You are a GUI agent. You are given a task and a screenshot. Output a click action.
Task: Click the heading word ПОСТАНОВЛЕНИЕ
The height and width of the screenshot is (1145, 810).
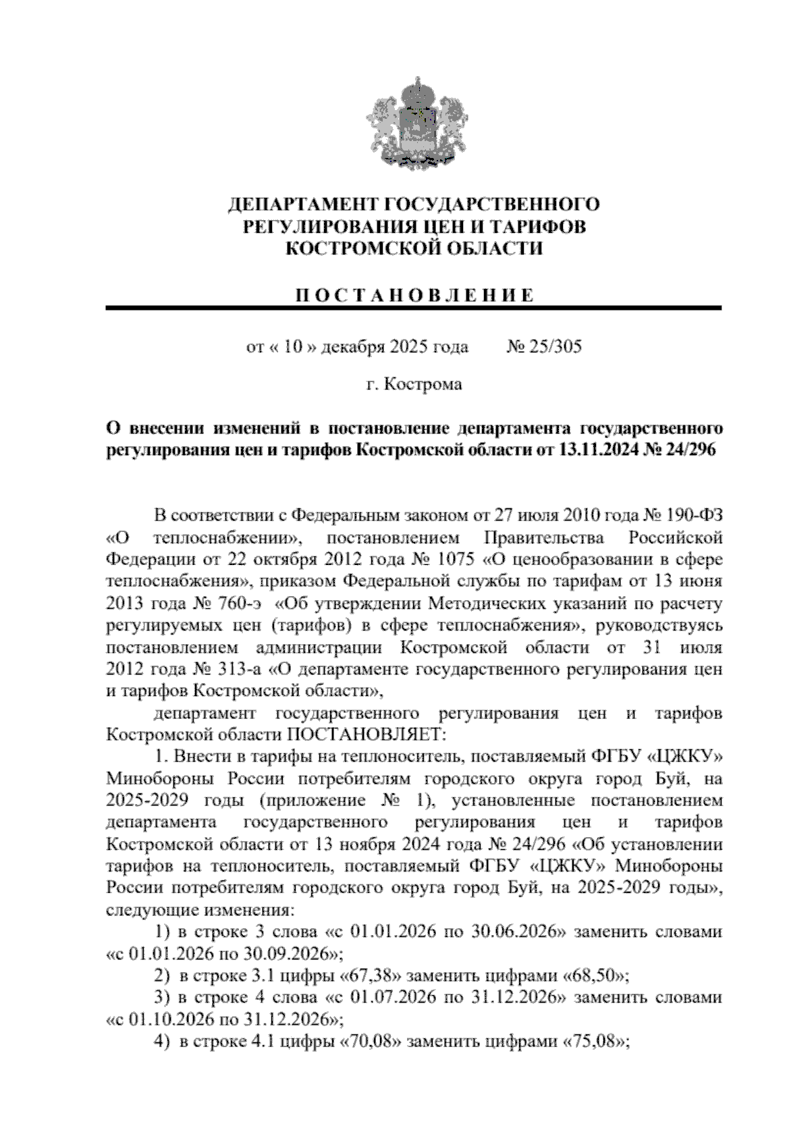click(413, 295)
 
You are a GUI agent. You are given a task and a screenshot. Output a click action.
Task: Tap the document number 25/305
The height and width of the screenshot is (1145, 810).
click(551, 348)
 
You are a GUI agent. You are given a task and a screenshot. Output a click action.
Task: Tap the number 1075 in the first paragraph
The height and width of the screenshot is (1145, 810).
click(456, 560)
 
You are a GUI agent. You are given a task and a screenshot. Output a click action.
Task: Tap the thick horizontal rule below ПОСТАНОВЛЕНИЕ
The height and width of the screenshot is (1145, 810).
click(413, 309)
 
